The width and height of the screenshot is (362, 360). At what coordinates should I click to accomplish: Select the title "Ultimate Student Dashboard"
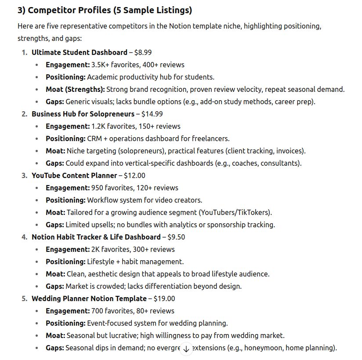[x=79, y=52]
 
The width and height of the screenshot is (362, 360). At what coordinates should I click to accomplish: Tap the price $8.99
[x=143, y=52]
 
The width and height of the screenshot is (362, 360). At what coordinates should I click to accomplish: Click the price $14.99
[x=152, y=114]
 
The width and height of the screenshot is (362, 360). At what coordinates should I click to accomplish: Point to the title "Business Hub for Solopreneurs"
[x=83, y=114]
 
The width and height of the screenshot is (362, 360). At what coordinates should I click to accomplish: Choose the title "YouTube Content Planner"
[x=74, y=175]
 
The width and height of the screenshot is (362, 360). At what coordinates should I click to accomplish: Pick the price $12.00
[x=134, y=175]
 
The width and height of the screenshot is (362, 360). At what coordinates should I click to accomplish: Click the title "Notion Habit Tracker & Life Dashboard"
[x=96, y=237]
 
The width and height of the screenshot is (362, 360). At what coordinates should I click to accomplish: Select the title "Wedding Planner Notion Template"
[x=89, y=298]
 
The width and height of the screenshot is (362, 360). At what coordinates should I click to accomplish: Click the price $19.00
[x=164, y=298]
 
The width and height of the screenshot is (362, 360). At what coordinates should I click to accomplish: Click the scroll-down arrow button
[x=186, y=349]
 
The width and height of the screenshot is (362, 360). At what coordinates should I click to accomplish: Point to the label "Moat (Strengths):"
[x=75, y=89]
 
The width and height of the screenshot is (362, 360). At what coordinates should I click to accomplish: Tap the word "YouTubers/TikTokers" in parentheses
[x=235, y=212]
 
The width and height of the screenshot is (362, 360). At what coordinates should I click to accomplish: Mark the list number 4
[x=24, y=237]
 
